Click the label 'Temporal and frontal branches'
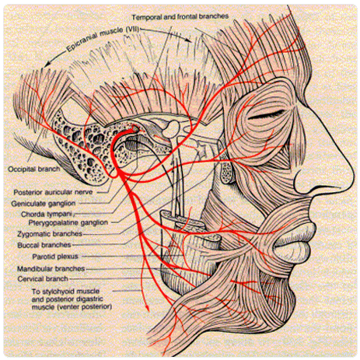180,17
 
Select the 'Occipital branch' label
34,170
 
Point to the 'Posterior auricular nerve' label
53,192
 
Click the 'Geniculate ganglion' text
44,204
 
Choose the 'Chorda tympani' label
47,215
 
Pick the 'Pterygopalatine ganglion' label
68,222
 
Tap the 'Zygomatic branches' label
50,234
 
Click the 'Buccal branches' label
44,245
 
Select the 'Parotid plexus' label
55,257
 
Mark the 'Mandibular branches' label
51,269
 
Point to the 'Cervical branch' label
43,279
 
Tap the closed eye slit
266,115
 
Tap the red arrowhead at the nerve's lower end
148,309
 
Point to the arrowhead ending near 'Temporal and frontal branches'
190,40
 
